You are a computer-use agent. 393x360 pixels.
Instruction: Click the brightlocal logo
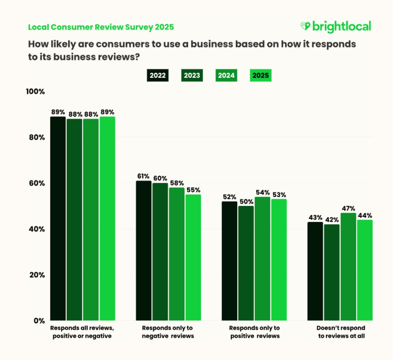336,27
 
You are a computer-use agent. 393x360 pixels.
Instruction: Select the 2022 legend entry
158,75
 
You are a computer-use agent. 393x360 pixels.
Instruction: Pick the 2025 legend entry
260,75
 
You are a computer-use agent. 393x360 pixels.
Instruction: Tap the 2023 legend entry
192,75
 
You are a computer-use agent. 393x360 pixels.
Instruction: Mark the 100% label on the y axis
35,91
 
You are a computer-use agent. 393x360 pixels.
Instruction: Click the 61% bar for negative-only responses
144,251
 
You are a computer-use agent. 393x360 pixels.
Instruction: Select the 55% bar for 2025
193,257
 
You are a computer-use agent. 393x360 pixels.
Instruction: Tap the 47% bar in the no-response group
348,267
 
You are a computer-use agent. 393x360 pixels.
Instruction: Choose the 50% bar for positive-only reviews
246,263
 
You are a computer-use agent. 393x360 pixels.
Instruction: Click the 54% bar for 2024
262,258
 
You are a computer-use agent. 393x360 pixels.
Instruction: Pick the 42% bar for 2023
332,272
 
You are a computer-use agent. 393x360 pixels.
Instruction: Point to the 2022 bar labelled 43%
315,271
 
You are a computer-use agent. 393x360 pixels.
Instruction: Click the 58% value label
177,183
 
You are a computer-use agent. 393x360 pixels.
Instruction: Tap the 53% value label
279,195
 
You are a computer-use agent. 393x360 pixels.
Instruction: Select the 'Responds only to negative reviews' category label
168,332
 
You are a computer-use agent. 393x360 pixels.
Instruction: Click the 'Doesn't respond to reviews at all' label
341,332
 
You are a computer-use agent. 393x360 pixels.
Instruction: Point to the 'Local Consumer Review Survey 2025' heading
101,27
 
